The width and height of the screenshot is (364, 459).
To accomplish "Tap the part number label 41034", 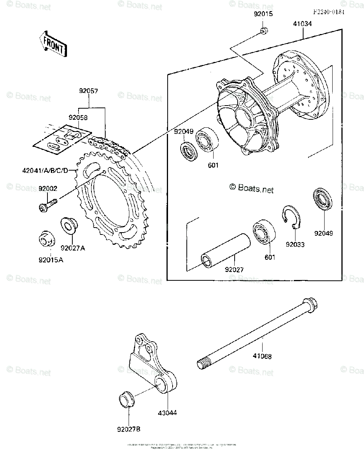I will coord(303,24).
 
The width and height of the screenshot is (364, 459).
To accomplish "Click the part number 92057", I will coord(89,92).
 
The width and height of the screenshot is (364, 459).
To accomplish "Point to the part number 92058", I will coord(78,117).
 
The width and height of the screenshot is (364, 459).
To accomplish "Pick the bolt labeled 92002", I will coord(47,205).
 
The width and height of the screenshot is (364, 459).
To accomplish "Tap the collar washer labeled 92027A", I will coord(68,225).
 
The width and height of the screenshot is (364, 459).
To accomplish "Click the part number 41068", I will coord(262,356).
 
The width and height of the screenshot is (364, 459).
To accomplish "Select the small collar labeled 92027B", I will coord(127,400).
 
